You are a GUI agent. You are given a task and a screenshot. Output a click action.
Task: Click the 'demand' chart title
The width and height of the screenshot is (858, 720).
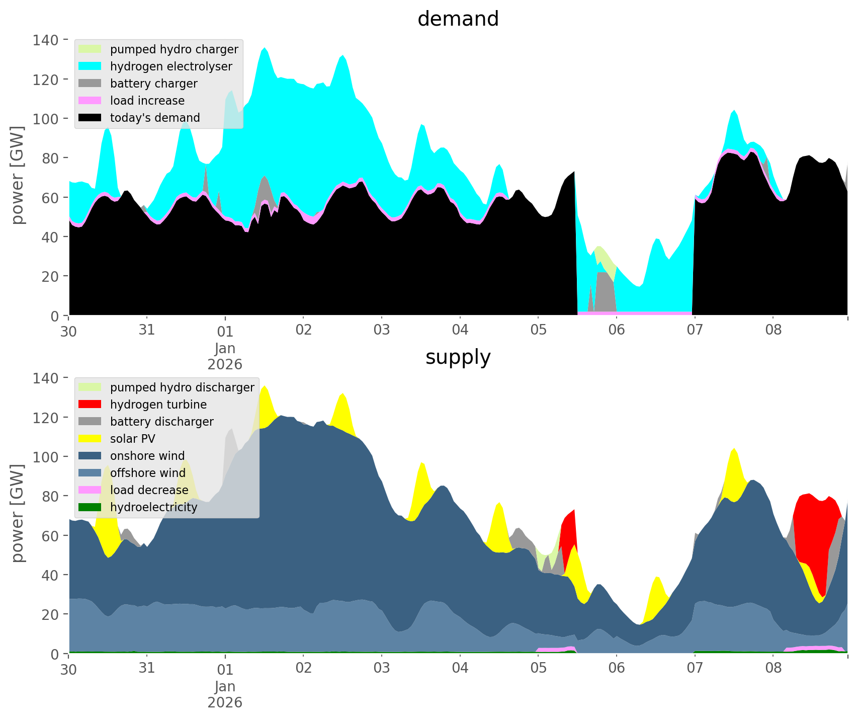(458, 19)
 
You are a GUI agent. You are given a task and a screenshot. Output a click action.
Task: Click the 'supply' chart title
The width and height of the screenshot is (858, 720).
(458, 357)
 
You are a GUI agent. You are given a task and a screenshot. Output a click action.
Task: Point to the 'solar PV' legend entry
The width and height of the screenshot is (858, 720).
(133, 439)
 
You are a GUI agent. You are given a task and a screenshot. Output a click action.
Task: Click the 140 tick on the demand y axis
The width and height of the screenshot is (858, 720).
(46, 40)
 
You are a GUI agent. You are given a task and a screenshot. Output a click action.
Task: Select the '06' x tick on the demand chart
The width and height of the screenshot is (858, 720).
(617, 331)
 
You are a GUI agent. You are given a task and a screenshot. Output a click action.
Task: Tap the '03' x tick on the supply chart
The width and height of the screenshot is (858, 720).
(382, 669)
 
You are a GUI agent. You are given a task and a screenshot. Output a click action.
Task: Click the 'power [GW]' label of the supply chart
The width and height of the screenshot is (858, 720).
(18, 513)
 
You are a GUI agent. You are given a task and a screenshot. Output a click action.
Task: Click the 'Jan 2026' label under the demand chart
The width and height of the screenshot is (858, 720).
(225, 356)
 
